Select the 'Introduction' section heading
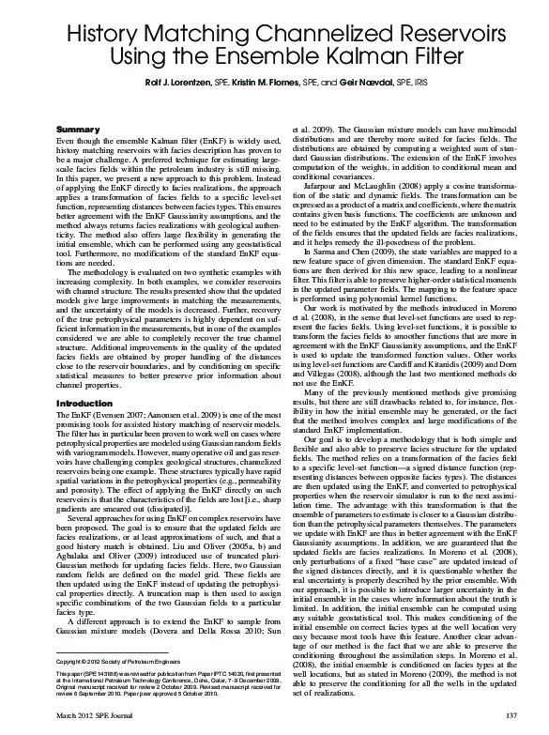[85, 404]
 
